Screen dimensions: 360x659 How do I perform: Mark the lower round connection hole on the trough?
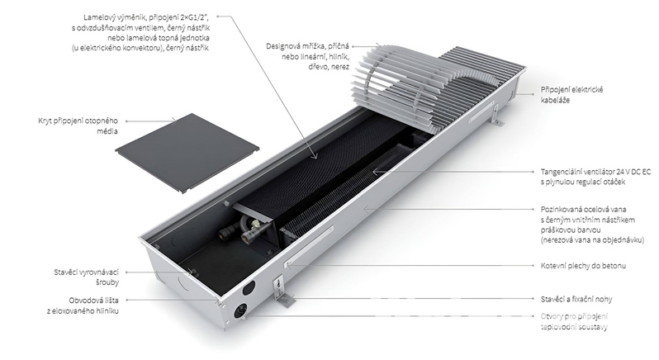click(x=241, y=310)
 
